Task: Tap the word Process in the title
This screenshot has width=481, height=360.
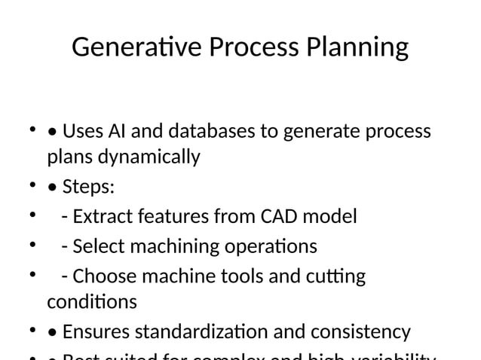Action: tap(254, 49)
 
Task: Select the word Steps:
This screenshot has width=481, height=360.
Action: tap(88, 188)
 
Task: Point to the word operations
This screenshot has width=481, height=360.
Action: tap(270, 247)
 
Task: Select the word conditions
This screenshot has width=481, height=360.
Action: tap(92, 303)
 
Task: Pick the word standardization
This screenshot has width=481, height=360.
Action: tap(210, 332)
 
